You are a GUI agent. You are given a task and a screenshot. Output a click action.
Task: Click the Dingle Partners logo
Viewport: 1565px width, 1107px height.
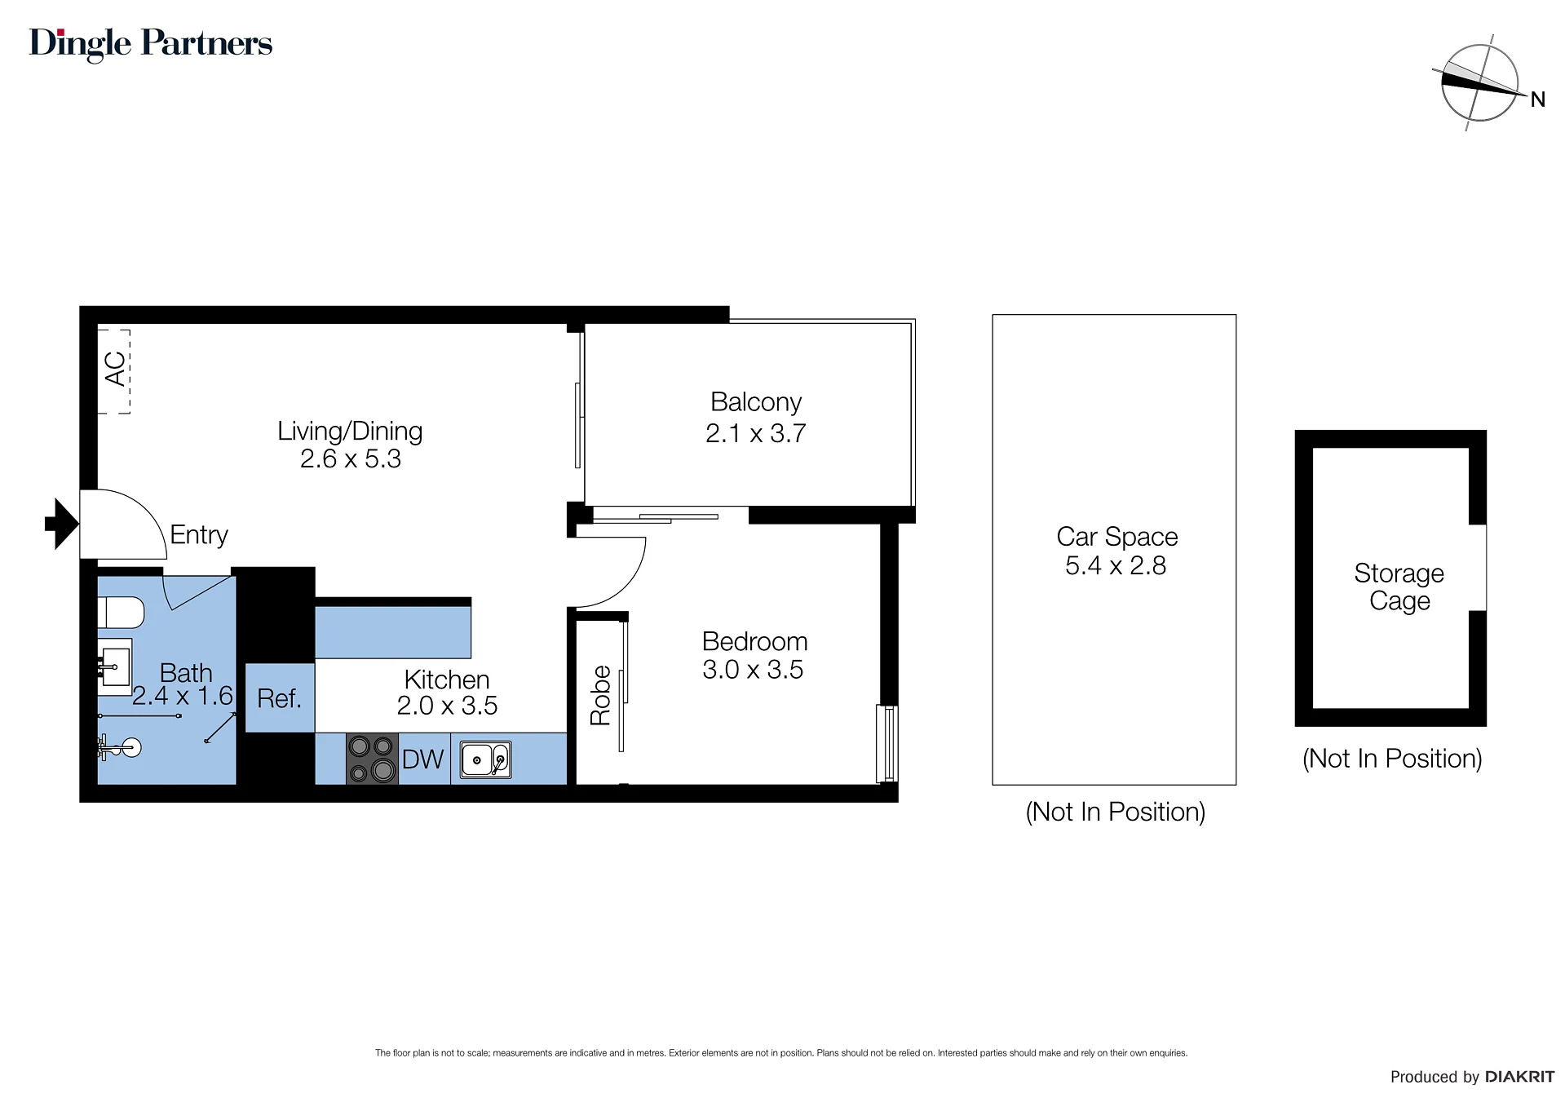click(x=151, y=44)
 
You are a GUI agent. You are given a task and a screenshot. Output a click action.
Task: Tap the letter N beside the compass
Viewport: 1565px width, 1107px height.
click(x=1538, y=100)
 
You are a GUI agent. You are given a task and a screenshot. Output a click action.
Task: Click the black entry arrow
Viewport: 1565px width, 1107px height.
click(x=62, y=523)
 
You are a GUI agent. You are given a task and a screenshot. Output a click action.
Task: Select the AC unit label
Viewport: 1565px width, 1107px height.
click(x=115, y=369)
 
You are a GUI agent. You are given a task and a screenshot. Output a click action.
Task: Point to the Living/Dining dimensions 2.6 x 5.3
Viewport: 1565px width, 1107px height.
click(x=351, y=459)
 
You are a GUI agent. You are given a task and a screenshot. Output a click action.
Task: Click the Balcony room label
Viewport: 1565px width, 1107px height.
click(x=756, y=402)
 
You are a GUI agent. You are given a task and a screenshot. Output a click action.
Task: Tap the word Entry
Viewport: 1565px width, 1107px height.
click(x=199, y=535)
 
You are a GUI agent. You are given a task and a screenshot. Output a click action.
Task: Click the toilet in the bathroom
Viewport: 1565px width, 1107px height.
click(x=121, y=613)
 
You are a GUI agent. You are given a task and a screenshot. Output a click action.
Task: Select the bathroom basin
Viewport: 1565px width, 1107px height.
click(x=114, y=666)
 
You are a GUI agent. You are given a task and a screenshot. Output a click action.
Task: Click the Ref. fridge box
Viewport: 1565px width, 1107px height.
click(x=280, y=697)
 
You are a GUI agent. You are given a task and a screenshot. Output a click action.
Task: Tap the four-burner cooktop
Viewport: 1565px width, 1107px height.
click(x=372, y=759)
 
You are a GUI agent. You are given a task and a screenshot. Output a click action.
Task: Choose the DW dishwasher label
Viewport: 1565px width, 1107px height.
click(x=423, y=759)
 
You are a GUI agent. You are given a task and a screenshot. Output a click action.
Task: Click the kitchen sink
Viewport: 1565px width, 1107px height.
click(x=486, y=759)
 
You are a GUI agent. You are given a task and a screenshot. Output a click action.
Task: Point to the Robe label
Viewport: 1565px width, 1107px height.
click(x=601, y=695)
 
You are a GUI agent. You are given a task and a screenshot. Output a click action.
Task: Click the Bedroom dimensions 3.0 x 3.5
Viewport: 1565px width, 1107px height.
click(x=753, y=670)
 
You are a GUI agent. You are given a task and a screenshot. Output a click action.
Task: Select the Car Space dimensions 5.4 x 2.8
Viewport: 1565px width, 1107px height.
click(x=1116, y=565)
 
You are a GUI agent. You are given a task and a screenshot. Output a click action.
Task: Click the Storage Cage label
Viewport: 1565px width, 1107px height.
click(x=1399, y=587)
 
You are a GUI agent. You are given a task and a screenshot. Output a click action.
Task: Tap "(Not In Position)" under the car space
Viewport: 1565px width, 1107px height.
click(x=1115, y=812)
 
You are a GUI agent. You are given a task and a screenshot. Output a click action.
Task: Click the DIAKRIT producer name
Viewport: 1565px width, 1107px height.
click(x=1519, y=1077)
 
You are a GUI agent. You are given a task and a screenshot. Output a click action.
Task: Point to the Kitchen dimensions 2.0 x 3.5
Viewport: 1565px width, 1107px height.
click(x=447, y=706)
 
